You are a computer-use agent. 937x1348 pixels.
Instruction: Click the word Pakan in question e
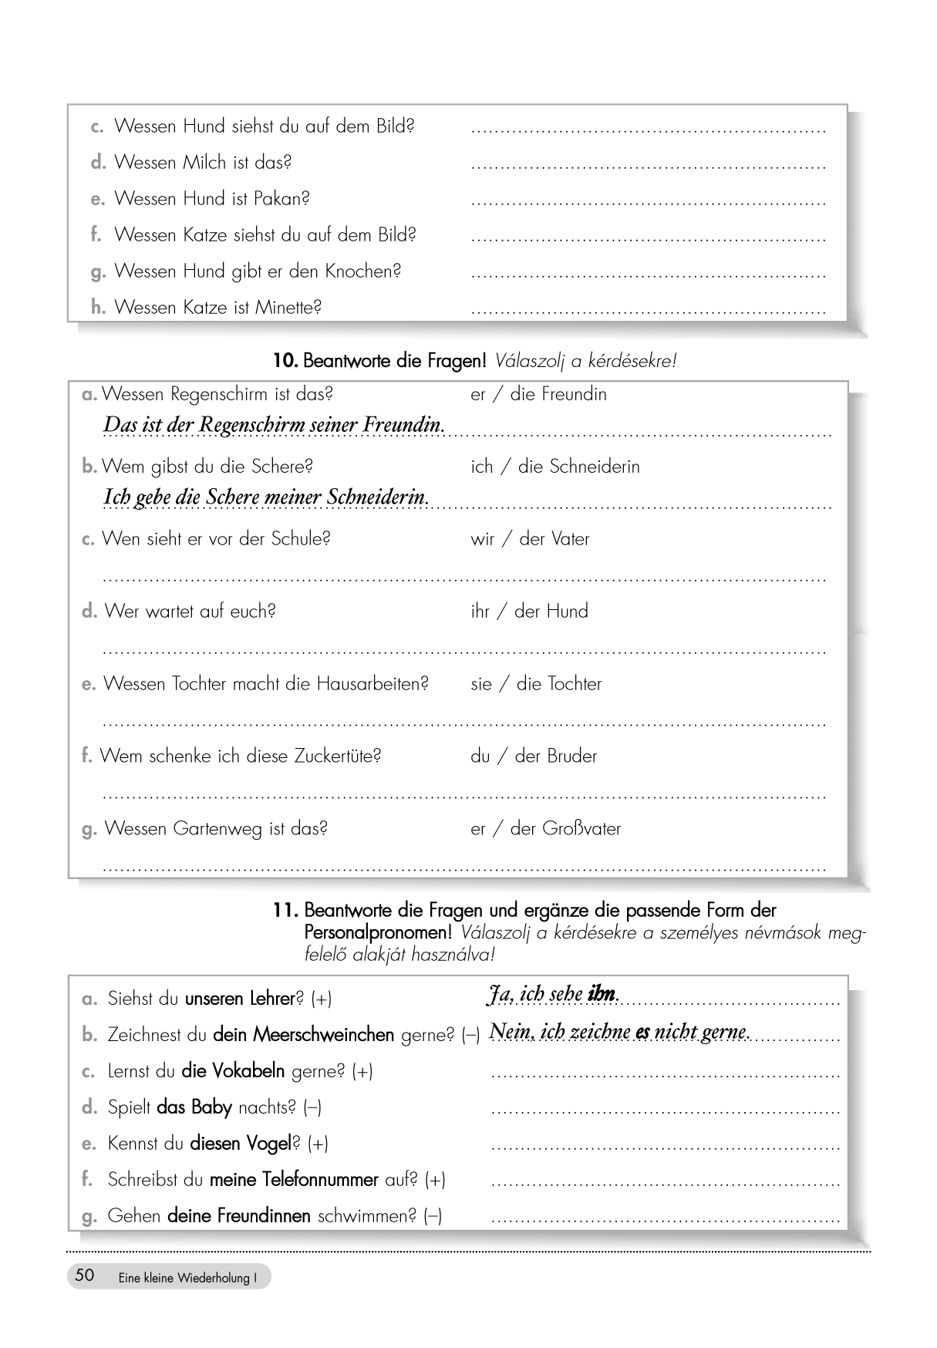pyautogui.click(x=281, y=199)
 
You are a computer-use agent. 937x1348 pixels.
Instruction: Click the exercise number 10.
pyautogui.click(x=285, y=360)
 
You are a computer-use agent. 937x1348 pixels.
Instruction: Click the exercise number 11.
pyautogui.click(x=285, y=910)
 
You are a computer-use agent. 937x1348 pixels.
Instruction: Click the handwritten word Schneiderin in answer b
pyautogui.click(x=377, y=497)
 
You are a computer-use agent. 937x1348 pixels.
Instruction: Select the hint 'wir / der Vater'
pyautogui.click(x=530, y=539)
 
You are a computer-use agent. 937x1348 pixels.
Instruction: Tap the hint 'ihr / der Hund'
pyautogui.click(x=529, y=612)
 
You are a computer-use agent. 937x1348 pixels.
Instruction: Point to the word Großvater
pyautogui.click(x=581, y=829)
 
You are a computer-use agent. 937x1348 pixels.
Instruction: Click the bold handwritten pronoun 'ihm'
pyautogui.click(x=602, y=995)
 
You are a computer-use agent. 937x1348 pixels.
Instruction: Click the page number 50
pyautogui.click(x=85, y=1276)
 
